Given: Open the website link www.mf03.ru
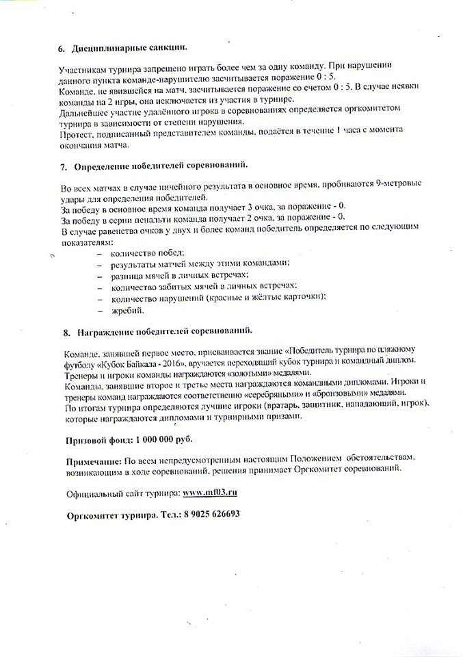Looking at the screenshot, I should [x=210, y=493].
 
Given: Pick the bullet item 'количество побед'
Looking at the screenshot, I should [x=143, y=253].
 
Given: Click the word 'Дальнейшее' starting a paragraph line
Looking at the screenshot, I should [x=86, y=111].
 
